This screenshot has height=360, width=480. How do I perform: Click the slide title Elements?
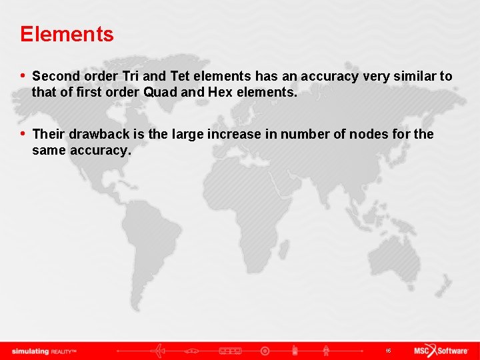coord(67,34)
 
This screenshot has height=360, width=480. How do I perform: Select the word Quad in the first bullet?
coord(160,93)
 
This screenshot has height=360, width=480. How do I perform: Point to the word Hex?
coord(221,93)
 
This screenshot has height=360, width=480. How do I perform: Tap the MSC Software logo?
coord(440,351)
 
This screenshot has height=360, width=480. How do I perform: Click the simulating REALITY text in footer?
coord(44,351)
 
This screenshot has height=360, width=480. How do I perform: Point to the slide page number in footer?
coord(387,351)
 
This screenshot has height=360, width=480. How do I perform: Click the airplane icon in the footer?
coord(160,351)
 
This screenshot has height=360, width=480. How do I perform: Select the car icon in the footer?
coord(193,351)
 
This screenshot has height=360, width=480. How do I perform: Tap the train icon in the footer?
coord(230,351)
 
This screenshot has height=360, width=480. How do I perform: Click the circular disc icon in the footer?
coord(265,351)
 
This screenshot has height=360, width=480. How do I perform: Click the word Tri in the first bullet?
coord(131,77)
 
